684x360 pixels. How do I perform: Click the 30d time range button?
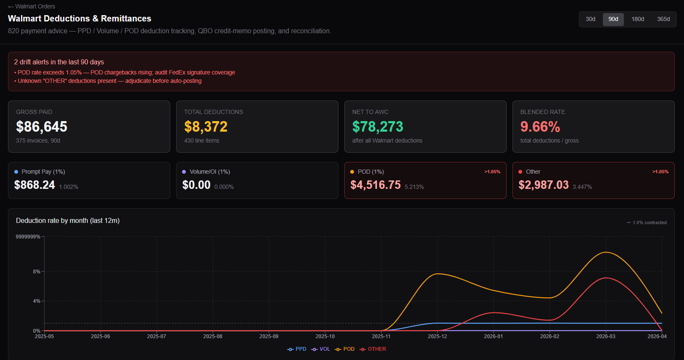coord(590,19)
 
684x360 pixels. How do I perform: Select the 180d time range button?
coord(637,19)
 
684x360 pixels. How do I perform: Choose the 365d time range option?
coord(663,19)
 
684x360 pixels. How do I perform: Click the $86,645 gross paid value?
coord(42,127)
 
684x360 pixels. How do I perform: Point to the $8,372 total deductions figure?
coord(206,127)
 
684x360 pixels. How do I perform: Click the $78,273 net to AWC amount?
coord(378,127)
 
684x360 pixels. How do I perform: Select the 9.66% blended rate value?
coord(540,127)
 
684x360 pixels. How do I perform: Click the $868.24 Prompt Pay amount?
coord(34,185)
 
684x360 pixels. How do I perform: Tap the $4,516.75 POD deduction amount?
coord(375,185)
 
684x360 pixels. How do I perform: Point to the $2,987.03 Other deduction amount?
coord(543,185)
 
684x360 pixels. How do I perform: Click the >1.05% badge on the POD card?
coord(492,172)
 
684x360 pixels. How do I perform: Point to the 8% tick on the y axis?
coord(37,272)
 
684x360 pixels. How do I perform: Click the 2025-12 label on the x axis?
coord(437,336)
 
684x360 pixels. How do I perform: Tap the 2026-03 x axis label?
coord(605,336)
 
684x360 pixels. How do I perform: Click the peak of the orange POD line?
coord(606,252)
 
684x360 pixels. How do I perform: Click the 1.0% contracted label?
coord(649,222)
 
